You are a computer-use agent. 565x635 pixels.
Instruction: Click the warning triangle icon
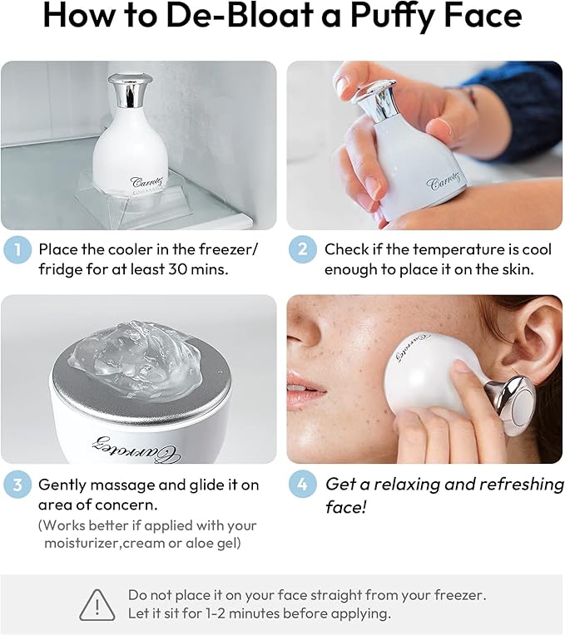[97, 604]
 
